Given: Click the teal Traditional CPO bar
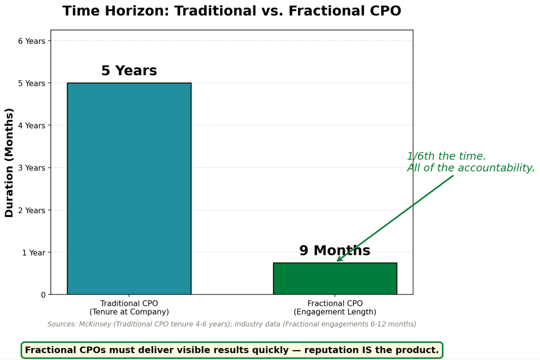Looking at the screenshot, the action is tap(129, 188).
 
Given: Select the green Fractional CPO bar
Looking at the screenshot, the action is tap(335, 279).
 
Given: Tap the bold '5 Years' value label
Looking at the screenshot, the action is tap(129, 70).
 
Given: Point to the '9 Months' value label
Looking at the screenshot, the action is tap(335, 250).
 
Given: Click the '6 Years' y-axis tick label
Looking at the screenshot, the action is tap(32, 41).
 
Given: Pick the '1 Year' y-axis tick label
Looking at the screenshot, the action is tap(33, 253).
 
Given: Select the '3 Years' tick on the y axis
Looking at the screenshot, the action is tap(32, 168).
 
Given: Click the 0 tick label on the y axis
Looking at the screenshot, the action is tap(43, 295).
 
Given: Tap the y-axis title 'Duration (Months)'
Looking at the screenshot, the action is tap(9, 162).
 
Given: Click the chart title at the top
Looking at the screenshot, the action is tap(232, 10).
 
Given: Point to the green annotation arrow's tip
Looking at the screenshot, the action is tap(337, 261).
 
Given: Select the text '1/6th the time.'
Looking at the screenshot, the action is tap(446, 156).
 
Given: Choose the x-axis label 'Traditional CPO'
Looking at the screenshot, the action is tap(129, 303).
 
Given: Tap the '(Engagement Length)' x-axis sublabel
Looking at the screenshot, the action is tap(335, 312).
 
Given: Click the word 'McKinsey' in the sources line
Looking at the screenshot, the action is tap(95, 324).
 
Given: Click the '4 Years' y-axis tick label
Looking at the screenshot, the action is tap(32, 126).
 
